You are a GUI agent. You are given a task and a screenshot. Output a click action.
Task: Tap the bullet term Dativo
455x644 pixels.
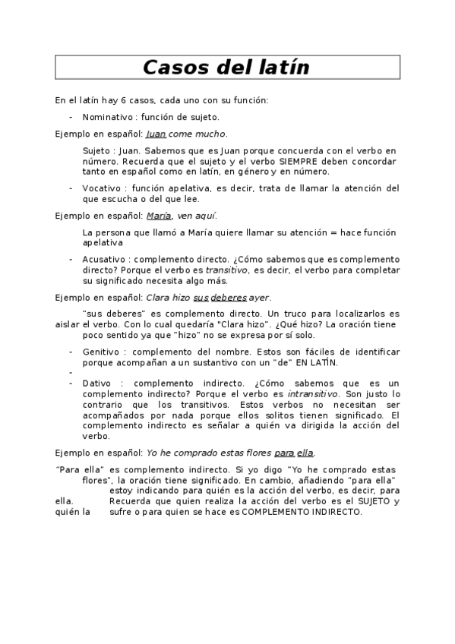coord(96,384)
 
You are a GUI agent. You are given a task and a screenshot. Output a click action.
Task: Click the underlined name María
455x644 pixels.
coord(157,216)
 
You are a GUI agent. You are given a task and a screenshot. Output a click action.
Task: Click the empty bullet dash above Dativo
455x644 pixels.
coord(70,373)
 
